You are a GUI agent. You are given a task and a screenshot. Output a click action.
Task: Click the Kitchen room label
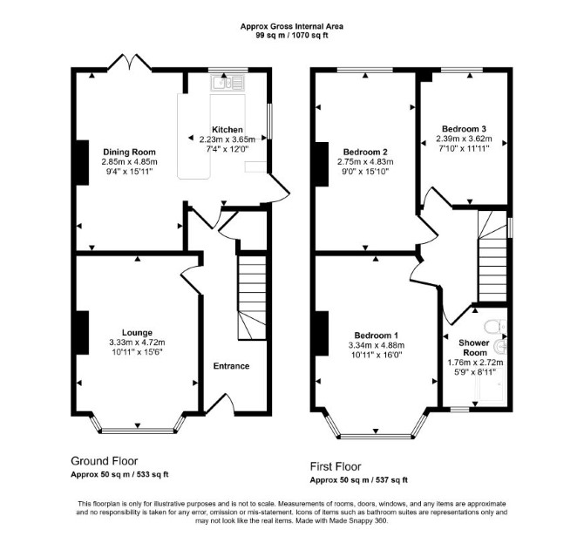pos(227,130)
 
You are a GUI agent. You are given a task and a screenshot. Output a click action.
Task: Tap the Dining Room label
pos(129,152)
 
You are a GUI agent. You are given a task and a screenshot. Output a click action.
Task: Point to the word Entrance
pos(231,366)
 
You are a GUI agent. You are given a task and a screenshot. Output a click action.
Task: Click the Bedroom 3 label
pos(464,129)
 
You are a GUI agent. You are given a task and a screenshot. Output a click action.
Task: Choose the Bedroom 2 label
pos(365,152)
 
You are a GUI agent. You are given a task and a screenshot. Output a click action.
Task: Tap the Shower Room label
pos(474,348)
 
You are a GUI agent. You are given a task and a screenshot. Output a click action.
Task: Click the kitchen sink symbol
pos(227,82)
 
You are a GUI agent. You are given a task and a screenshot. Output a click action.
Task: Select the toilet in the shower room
pos(495,326)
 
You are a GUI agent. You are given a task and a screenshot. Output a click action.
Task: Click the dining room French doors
pos(130,63)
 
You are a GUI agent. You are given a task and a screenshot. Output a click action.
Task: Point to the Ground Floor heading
pos(105,461)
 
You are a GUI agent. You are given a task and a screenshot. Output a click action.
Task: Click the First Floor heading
pos(336,466)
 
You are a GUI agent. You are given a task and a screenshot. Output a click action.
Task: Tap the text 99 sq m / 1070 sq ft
pos(292,36)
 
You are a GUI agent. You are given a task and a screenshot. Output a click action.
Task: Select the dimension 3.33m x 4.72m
pos(137,343)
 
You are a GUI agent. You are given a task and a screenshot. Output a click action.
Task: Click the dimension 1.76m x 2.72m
pos(475,363)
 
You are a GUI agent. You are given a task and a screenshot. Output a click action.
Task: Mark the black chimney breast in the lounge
pos(83,332)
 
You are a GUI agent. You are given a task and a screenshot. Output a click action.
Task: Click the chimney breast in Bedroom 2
pos(322,164)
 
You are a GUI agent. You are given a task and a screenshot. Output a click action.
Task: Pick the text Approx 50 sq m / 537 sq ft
pos(358,480)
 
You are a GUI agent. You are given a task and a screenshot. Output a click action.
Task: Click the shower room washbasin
pos(500,346)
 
